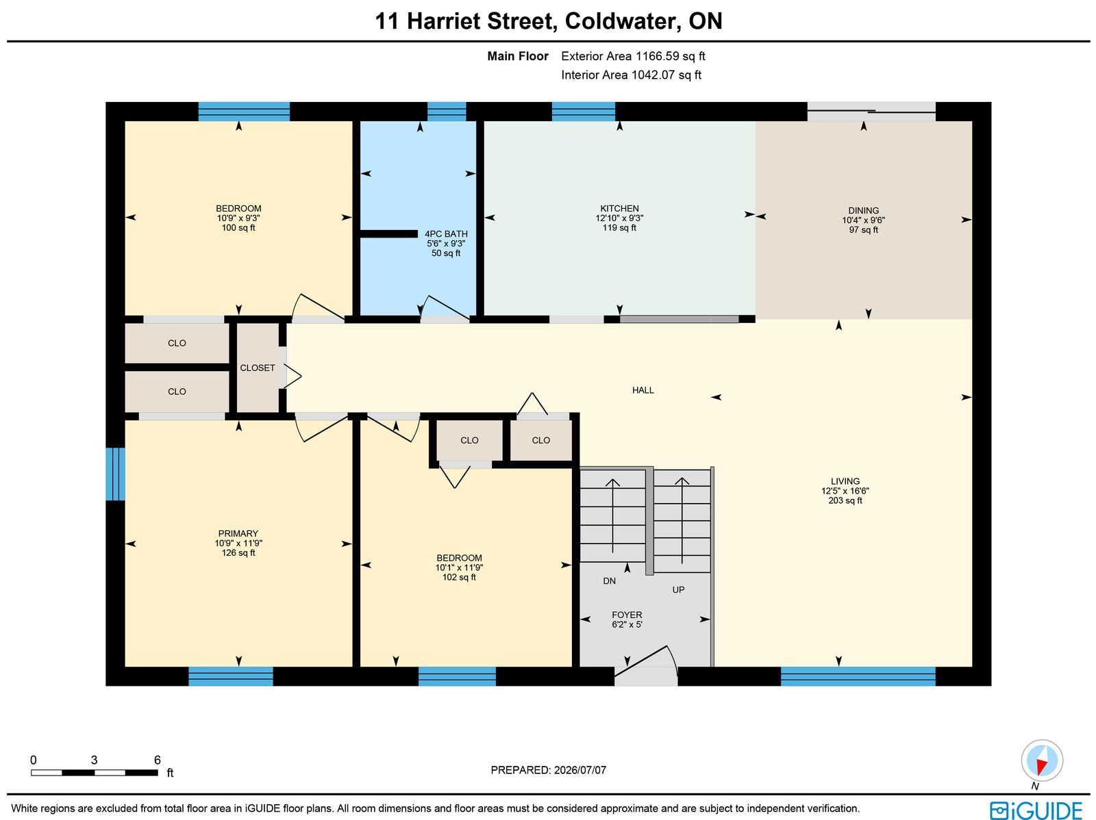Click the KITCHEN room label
click(619, 209)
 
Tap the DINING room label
click(863, 211)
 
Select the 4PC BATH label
click(446, 234)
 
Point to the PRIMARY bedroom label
click(238, 534)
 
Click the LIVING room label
click(845, 481)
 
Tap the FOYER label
click(627, 615)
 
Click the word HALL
click(643, 390)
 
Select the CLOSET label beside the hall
click(257, 368)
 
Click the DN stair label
click(609, 581)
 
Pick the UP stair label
click(678, 590)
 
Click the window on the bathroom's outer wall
click(447, 112)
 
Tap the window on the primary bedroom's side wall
click(115, 474)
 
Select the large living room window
click(858, 676)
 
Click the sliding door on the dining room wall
click(871, 112)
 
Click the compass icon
click(1042, 761)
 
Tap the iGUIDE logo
click(1036, 810)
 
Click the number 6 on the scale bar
click(158, 760)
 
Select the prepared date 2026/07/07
click(580, 770)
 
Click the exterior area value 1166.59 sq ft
click(670, 56)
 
